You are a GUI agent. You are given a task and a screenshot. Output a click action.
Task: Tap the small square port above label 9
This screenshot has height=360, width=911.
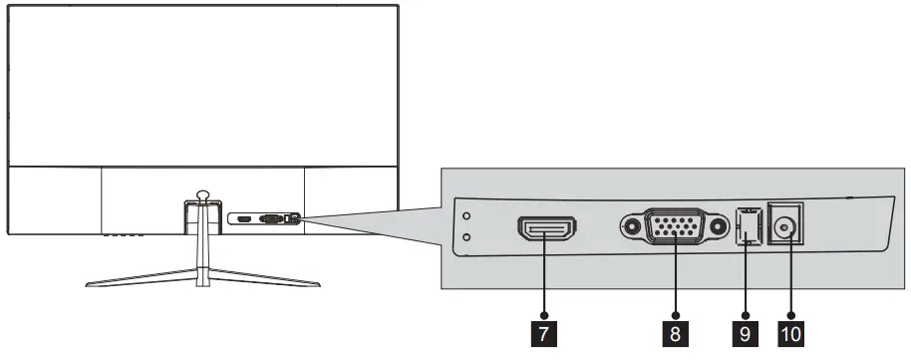pyautogui.click(x=747, y=228)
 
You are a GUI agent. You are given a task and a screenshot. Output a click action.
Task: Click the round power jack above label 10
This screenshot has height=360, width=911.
pyautogui.click(x=788, y=228)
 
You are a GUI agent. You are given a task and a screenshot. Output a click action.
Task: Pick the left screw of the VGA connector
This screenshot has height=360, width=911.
pyautogui.click(x=631, y=227)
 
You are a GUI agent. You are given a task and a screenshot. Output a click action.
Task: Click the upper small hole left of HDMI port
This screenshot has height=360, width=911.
pyautogui.click(x=466, y=213)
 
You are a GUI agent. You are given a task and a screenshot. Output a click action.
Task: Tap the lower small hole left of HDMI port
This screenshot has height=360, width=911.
pyautogui.click(x=466, y=237)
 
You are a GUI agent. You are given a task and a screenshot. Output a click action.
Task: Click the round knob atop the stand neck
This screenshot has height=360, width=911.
pyautogui.click(x=202, y=196)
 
